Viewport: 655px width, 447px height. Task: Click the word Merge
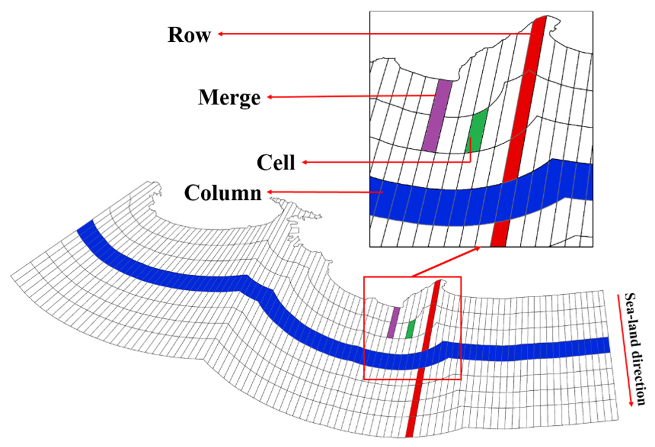[x=229, y=98]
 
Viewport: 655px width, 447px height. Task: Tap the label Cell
[x=276, y=163]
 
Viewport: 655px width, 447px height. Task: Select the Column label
[x=223, y=193]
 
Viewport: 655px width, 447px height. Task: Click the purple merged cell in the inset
[x=437, y=116]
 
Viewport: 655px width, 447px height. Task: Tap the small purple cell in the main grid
[x=394, y=322]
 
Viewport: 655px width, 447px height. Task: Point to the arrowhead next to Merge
[x=270, y=97]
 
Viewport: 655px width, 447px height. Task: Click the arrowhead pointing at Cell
[x=304, y=162]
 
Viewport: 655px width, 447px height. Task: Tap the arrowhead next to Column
[x=270, y=192]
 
